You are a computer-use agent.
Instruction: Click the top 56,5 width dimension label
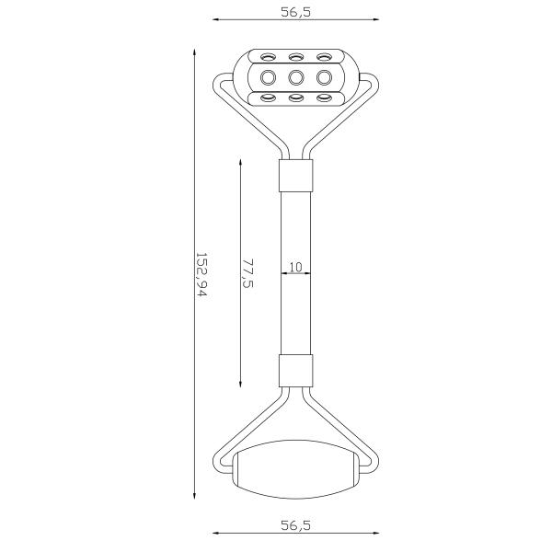pyautogui.click(x=295, y=12)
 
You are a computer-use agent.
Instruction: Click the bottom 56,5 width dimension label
pyautogui.click(x=295, y=525)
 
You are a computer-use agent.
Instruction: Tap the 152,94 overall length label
pyautogui.click(x=201, y=274)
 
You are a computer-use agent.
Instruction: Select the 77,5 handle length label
pyautogui.click(x=248, y=273)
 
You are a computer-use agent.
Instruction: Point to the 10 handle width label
pyautogui.click(x=295, y=267)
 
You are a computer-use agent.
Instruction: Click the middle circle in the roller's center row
pyautogui.click(x=296, y=77)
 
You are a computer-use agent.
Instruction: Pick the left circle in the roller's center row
pyautogui.click(x=268, y=77)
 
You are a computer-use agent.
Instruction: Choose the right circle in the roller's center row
pyautogui.click(x=324, y=77)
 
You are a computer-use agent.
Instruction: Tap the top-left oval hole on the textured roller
pyautogui.click(x=268, y=56)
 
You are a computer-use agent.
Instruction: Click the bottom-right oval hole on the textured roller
pyautogui.click(x=324, y=98)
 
